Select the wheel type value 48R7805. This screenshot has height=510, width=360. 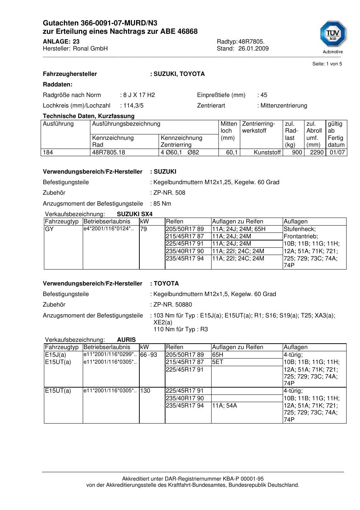tap(251, 41)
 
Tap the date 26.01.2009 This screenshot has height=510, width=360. tap(253, 49)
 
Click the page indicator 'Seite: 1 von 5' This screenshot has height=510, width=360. tap(327, 64)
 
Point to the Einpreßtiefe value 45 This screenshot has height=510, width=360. tap(263, 95)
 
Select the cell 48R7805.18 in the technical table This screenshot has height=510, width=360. tap(109, 153)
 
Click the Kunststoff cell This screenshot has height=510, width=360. tap(267, 153)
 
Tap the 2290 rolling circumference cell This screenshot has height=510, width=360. tap(316, 153)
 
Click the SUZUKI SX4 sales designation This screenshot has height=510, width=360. tap(135, 214)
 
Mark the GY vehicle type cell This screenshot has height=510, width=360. tap(49, 229)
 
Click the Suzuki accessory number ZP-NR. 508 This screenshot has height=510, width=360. tap(169, 193)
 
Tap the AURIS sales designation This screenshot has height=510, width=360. tap(126, 340)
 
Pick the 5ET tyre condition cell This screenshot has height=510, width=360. tap(218, 362)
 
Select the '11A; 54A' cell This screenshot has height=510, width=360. tap(225, 405)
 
